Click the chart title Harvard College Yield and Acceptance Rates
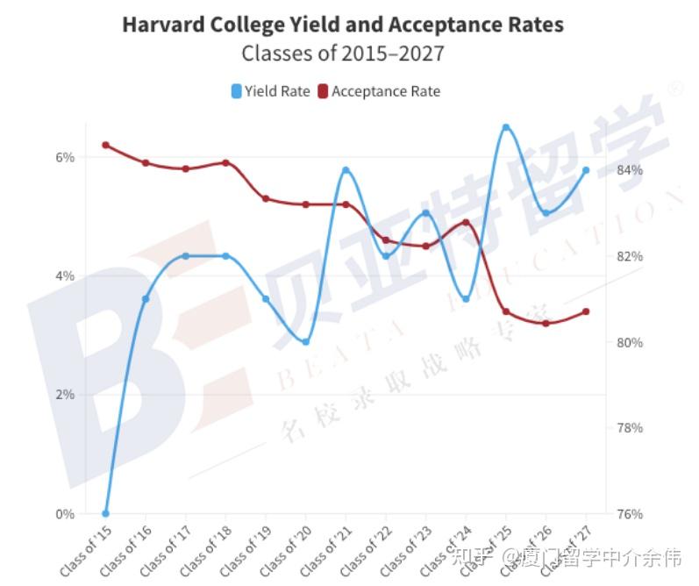click(342, 24)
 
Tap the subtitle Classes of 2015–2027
click(342, 54)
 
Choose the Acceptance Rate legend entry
click(379, 91)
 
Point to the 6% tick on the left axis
click(65, 157)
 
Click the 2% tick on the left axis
click(65, 395)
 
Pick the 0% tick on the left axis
click(65, 514)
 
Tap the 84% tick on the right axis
click(629, 169)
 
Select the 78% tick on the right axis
click(629, 428)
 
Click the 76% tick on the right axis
click(629, 514)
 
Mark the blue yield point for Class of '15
click(105, 514)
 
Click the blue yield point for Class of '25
click(506, 127)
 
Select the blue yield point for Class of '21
click(346, 170)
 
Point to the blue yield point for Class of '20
click(306, 341)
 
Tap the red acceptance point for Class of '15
click(105, 145)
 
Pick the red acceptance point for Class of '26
click(546, 324)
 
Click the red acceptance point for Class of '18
click(225, 162)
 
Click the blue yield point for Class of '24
click(466, 299)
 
